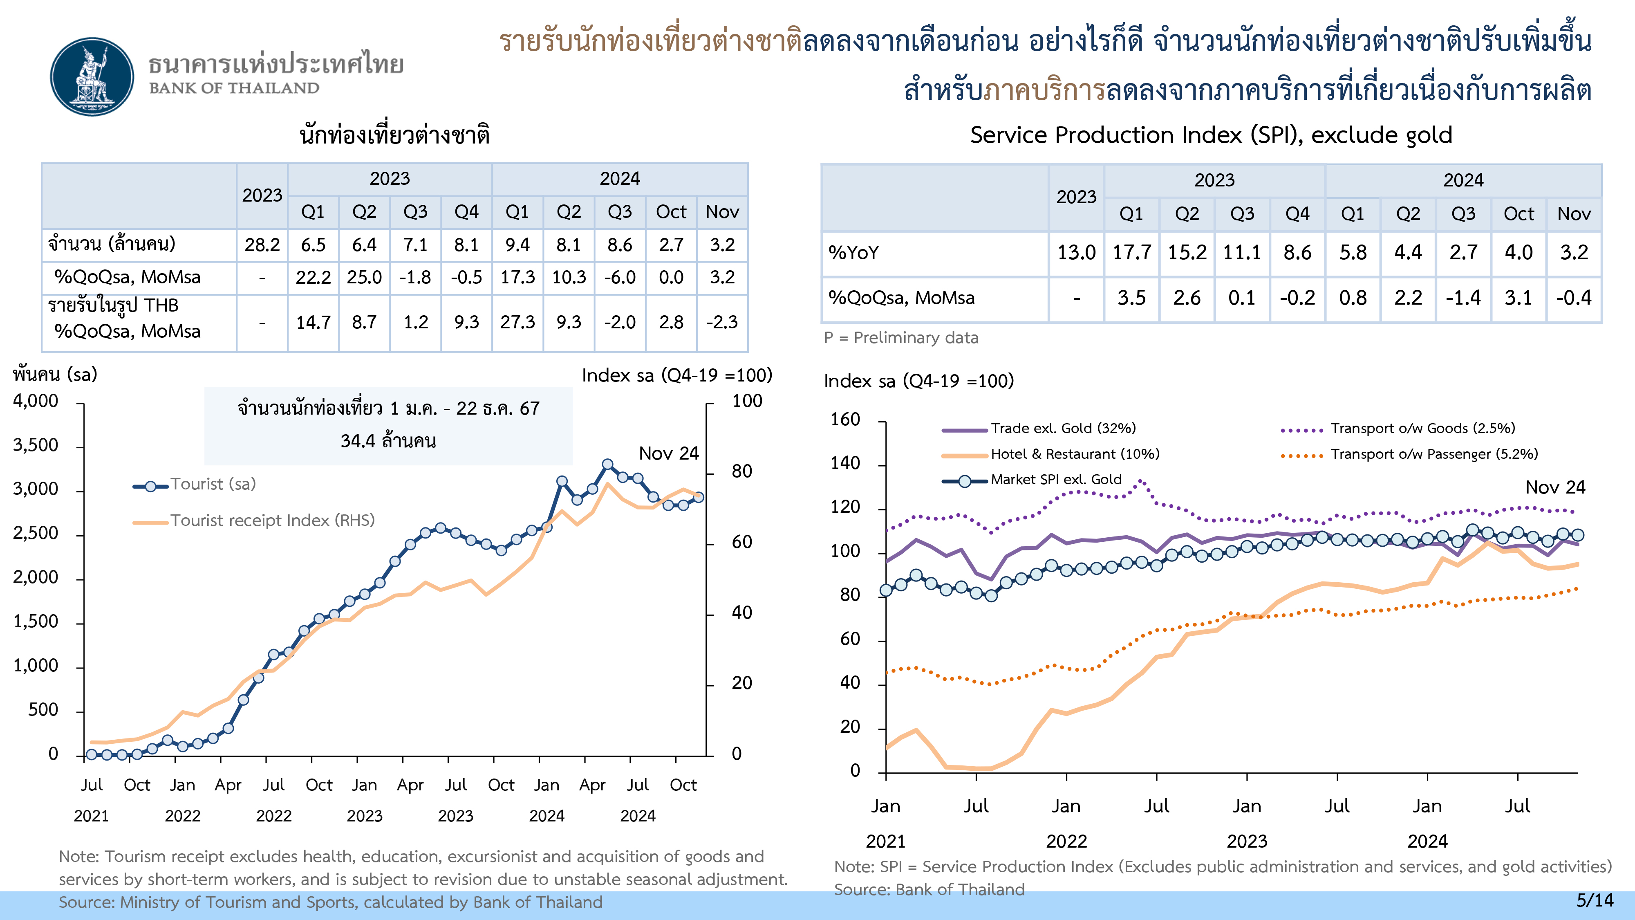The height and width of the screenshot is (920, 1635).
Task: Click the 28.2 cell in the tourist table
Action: coord(262,245)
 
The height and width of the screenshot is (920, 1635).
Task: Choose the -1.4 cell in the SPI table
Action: coord(1463,298)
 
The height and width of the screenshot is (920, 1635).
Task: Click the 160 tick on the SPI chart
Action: coord(845,420)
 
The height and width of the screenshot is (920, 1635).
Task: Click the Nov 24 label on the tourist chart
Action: coord(668,453)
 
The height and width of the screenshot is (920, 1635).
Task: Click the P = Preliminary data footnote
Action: coord(900,338)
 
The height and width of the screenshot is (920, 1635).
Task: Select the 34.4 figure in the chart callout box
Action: coord(357,441)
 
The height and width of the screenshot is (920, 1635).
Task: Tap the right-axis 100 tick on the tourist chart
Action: coord(747,401)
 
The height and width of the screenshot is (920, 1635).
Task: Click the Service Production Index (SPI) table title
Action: coord(1211,135)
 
